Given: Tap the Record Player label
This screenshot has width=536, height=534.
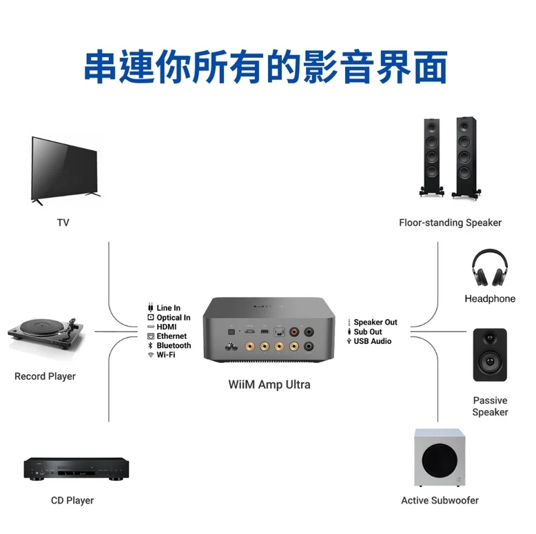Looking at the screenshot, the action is [x=45, y=376].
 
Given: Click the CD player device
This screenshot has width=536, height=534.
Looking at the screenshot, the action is [x=76, y=469].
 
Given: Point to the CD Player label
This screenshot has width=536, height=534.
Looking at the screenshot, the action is [x=72, y=500].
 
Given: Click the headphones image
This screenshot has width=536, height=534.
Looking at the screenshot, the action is [x=490, y=267].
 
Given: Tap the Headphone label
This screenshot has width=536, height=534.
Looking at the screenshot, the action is [x=490, y=299].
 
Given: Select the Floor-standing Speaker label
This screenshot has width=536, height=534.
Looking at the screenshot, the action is [x=450, y=223].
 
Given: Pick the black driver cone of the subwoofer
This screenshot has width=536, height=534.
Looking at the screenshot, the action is [x=440, y=460].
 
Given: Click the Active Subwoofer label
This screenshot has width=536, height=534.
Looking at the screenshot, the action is [x=440, y=500].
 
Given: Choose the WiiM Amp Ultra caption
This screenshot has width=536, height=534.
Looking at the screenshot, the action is [x=269, y=384].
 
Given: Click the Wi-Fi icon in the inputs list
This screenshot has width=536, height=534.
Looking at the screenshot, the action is [x=150, y=356].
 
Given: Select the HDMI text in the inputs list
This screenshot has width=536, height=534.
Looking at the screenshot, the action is [x=167, y=327].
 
